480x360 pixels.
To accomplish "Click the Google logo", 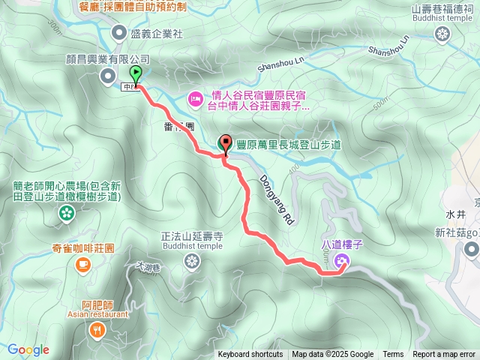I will click(28, 349).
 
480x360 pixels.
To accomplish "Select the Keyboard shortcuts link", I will click(250, 355).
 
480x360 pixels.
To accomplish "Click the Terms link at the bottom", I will click(393, 355).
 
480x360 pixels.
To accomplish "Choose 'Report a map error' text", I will click(444, 355).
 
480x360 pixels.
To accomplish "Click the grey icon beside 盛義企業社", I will click(119, 32).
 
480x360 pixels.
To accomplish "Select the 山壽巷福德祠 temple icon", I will click(442, 33).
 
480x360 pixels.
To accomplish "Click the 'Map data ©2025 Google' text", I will click(332, 355).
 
